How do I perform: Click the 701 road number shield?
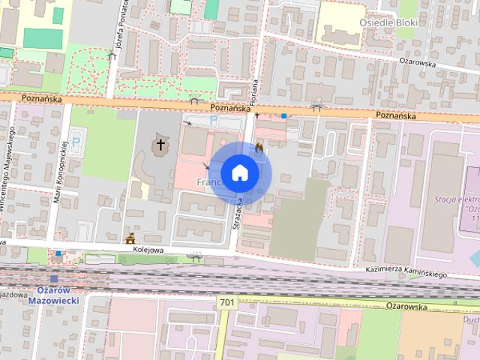coord(227,301)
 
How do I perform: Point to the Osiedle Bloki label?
coord(388,22)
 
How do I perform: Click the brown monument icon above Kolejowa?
coord(131,238)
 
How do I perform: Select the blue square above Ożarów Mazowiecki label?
coord(54,278)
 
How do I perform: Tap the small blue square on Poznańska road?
coord(284,115)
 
